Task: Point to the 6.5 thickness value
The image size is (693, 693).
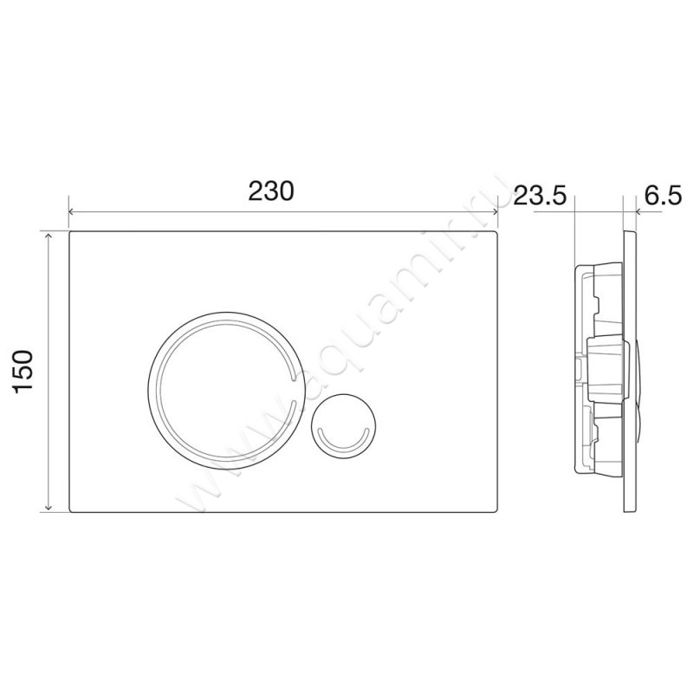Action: click(662, 196)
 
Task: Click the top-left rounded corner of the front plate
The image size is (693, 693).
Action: click(70, 234)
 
